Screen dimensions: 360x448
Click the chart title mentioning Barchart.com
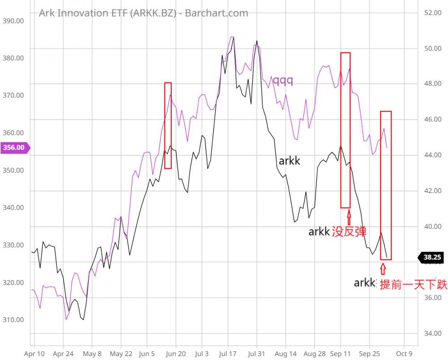pos(143,13)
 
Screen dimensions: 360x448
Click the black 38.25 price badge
pos(432,257)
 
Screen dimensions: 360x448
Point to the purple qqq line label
pos(283,81)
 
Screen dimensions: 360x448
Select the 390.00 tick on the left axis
pos(13,21)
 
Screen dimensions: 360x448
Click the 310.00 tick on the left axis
pos(13,320)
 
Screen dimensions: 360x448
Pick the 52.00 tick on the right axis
pos(433,13)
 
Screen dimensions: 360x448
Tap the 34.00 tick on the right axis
pos(433,333)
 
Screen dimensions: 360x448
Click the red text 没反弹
pos(349,231)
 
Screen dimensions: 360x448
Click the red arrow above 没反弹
pos(349,219)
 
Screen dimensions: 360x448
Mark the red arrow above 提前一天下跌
pos(383,269)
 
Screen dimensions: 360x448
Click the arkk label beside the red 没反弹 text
pos(319,231)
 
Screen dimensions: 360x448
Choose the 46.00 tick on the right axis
pos(433,120)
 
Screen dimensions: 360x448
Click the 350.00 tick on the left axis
pos(13,171)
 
